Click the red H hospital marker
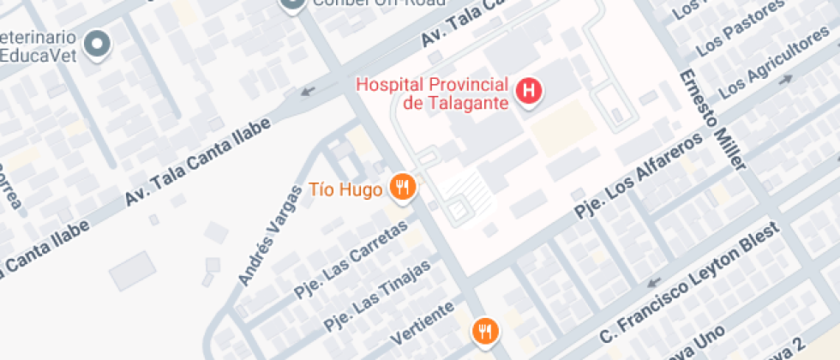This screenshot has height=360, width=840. click(x=530, y=90)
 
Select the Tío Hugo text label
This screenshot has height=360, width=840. click(x=345, y=189)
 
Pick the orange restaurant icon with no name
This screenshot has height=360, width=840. click(x=485, y=330)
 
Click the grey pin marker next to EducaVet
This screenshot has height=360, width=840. click(x=98, y=43)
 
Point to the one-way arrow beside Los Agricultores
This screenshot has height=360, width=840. click(x=785, y=80)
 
